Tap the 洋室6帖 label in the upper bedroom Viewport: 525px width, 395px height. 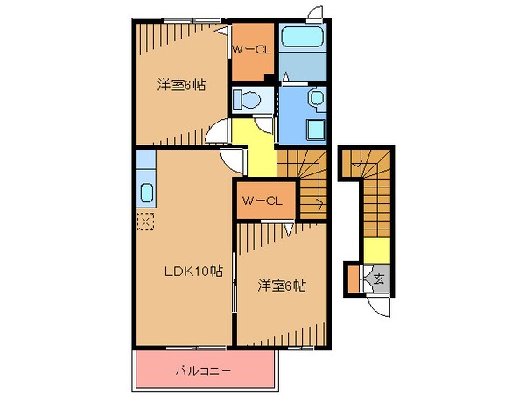181,85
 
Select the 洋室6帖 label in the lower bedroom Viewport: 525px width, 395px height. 281,286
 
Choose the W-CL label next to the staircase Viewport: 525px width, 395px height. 260,201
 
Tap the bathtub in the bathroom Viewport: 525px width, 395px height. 302,39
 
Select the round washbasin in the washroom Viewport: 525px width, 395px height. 316,98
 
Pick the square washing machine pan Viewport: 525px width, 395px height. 314,129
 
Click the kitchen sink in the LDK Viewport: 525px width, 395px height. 146,193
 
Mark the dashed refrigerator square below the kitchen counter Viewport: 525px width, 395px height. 145,220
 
